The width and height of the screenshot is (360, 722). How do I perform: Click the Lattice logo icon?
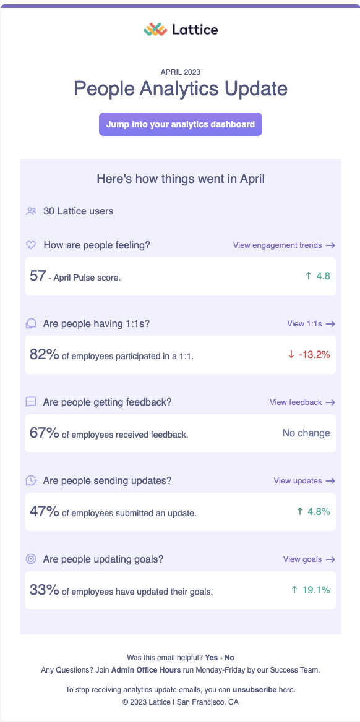155,29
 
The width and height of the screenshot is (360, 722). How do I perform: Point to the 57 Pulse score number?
37,276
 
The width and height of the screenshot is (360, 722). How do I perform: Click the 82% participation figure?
44,354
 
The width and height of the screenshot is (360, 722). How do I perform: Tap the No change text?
306,433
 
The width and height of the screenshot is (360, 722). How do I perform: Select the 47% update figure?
44,511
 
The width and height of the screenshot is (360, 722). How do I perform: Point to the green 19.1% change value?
315,590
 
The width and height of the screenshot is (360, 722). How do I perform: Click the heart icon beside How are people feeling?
31,245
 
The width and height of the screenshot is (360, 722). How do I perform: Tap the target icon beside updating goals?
31,559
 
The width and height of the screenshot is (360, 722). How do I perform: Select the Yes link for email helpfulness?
212,658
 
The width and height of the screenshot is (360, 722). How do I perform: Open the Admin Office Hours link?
146,669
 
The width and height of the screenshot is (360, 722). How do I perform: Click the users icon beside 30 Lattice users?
31,211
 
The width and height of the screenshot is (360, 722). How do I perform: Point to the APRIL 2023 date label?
180,72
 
